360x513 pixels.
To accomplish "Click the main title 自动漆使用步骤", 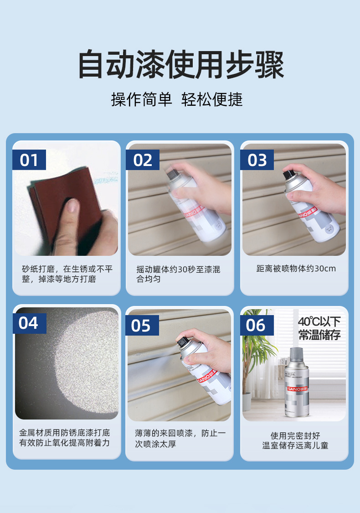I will (x=181, y=65).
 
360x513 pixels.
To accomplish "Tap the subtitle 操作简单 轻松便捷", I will (x=177, y=99).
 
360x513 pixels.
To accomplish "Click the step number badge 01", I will (x=29, y=160).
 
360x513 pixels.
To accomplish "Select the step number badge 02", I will (x=143, y=160).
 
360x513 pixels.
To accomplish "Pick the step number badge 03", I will (x=257, y=160).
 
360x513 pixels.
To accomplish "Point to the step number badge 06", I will (x=256, y=325).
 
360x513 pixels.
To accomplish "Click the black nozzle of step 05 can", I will (x=181, y=340).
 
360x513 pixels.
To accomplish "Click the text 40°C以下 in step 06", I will (x=319, y=321).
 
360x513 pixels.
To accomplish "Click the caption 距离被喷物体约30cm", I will (x=296, y=269).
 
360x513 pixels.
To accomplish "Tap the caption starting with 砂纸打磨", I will (x=67, y=274).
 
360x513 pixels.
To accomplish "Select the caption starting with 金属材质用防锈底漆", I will (x=64, y=437).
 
